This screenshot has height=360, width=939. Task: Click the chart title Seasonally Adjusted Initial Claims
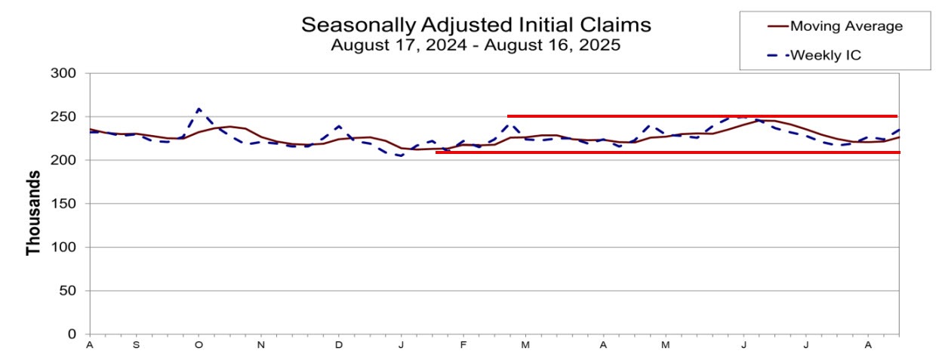click(476, 25)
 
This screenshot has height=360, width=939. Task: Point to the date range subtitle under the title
click(476, 45)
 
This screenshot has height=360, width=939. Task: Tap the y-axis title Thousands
click(33, 212)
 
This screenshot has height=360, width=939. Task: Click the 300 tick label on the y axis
click(66, 73)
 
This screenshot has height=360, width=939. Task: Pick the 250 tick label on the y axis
click(66, 117)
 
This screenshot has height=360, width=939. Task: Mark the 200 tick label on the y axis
click(66, 160)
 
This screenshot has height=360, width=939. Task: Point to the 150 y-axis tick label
click(66, 204)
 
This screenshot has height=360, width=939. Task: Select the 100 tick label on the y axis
click(66, 247)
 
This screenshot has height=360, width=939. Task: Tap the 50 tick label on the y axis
click(70, 291)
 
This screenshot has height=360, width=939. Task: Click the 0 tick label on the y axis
click(73, 334)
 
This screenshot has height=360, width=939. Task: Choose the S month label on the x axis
click(136, 346)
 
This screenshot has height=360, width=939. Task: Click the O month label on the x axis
click(199, 346)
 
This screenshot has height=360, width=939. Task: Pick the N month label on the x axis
click(260, 346)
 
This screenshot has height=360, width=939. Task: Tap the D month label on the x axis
click(339, 346)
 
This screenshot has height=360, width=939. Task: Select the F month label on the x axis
click(463, 346)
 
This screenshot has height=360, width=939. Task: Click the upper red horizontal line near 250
click(702, 116)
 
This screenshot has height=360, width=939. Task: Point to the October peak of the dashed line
click(199, 109)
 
